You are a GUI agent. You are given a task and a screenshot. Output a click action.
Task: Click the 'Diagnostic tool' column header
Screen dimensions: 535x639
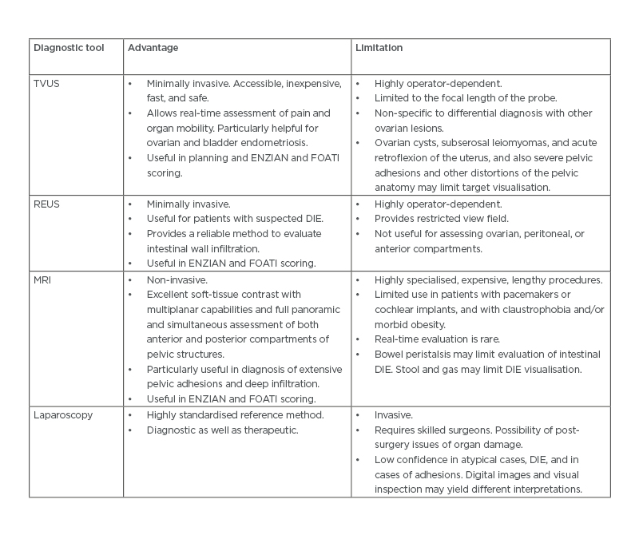68,48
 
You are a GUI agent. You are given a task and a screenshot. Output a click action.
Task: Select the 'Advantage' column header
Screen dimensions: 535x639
153,48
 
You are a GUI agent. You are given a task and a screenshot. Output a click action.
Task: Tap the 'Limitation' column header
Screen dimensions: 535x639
379,48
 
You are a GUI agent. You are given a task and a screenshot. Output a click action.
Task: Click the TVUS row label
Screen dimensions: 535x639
46,83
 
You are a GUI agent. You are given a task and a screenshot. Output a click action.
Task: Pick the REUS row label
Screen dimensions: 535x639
46,204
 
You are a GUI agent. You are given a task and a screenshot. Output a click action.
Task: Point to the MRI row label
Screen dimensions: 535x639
42,279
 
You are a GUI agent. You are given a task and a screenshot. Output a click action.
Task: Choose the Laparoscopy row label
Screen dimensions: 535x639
62,414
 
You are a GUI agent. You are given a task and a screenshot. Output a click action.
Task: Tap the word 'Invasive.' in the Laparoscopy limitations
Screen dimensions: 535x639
394,414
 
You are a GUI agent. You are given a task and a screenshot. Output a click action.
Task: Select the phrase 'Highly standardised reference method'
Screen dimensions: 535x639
235,414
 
